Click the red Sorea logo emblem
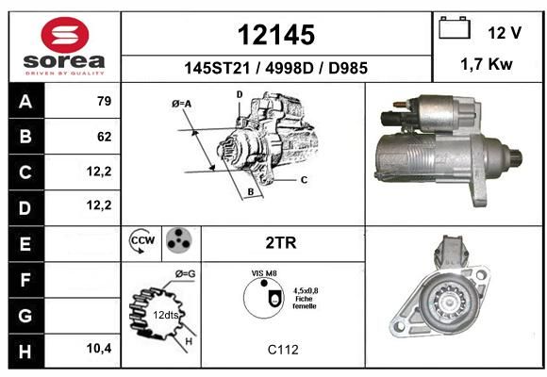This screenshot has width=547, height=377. [x=65, y=35]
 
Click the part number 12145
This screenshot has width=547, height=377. [x=276, y=35]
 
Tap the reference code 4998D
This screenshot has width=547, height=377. [x=290, y=68]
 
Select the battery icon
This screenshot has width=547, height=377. [x=455, y=27]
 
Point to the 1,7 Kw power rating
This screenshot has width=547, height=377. [x=487, y=64]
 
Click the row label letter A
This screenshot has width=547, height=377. [x=25, y=102]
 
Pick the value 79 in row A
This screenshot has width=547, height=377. [x=105, y=101]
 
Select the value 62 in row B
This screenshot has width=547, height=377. [x=105, y=137]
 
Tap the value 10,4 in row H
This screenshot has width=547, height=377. [x=99, y=348]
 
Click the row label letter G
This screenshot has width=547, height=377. [x=25, y=316]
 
